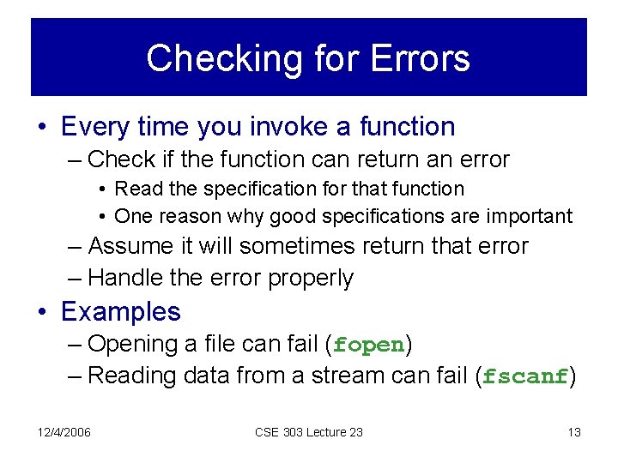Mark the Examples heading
coord(121,311)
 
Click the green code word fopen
coord(369,345)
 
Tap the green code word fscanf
coord(525,376)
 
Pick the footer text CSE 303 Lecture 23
coord(309,432)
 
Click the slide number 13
coord(574,432)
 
